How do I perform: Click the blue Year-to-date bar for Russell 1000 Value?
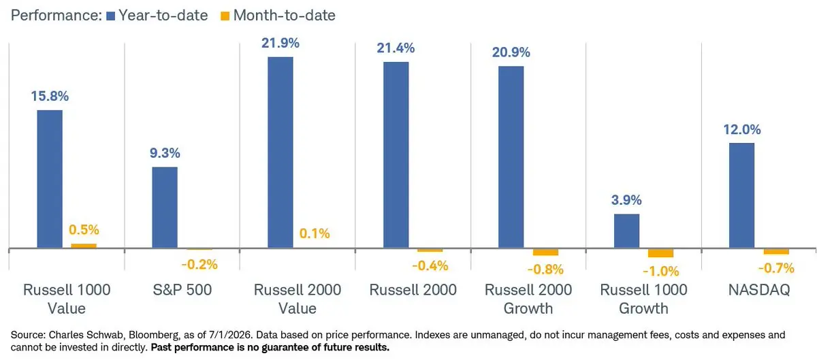(50, 179)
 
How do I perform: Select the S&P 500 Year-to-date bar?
(165, 208)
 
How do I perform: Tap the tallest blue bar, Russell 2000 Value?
(280, 152)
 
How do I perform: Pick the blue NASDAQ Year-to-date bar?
(741, 195)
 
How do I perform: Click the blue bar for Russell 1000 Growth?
(626, 231)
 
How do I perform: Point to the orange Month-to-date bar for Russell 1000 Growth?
(660, 253)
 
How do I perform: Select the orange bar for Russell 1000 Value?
(84, 246)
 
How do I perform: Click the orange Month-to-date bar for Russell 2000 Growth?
(545, 252)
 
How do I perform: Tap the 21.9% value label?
(280, 43)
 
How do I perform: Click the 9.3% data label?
(165, 153)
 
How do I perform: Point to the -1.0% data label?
(660, 272)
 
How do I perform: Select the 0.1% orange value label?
(315, 233)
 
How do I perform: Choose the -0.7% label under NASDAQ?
(776, 268)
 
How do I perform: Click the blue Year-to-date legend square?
(110, 16)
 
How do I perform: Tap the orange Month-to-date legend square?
(225, 16)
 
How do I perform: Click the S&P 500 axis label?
(182, 290)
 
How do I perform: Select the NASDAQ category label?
(759, 290)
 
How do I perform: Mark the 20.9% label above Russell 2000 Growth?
(511, 52)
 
